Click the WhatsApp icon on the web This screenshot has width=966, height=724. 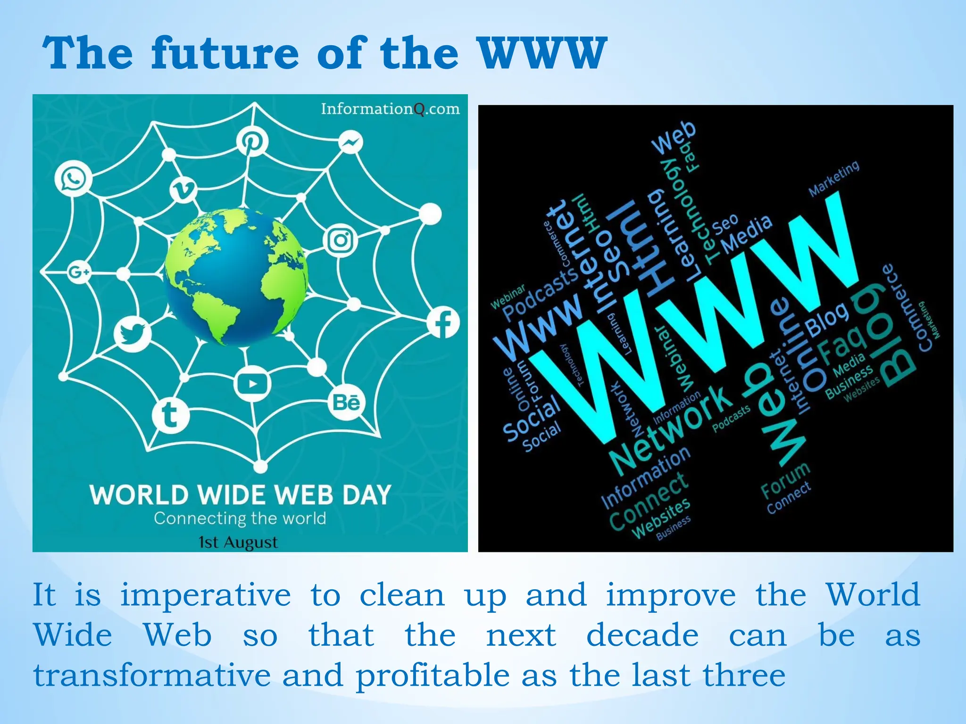pos(73,179)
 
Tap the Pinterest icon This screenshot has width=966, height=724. pos(252,141)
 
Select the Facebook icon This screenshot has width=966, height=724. pos(443,323)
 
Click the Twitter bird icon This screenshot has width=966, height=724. pos(133,334)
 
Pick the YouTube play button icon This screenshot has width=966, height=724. pos(252,384)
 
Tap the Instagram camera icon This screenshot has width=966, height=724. pos(341,240)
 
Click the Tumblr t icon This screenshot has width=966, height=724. pos(170,415)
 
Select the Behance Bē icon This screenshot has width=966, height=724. pos(346,403)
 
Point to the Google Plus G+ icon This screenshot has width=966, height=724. pos(79,272)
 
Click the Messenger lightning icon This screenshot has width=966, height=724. pos(351,142)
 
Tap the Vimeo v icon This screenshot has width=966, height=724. pos(183,190)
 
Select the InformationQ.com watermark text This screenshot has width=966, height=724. pos(390,109)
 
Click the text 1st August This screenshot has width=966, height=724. pos(238,542)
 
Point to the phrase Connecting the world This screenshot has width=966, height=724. pos(240,518)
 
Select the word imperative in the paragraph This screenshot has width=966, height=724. pos(206,595)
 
